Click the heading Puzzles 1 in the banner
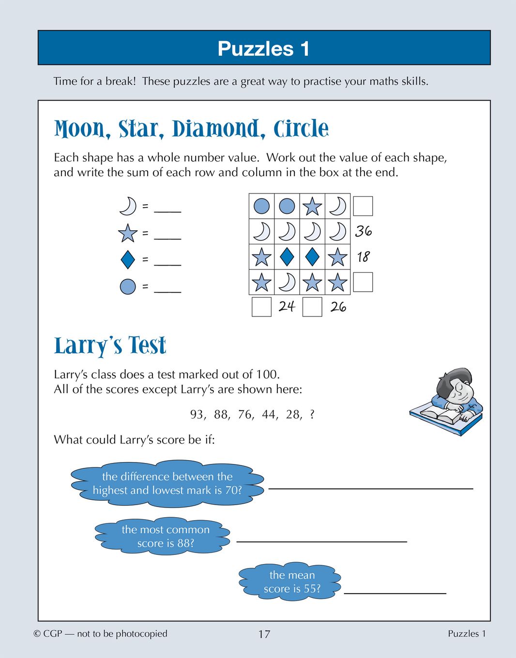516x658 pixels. tap(263, 48)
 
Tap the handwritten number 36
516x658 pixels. tap(364, 231)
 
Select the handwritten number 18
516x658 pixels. tap(364, 256)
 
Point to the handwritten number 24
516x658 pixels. tap(287, 306)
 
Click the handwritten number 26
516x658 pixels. tap(338, 307)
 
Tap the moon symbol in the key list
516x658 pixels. tap(128, 206)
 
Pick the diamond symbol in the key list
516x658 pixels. tap(128, 259)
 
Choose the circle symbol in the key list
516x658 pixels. tap(128, 286)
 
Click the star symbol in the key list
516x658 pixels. tap(128, 233)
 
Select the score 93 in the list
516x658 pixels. tap(197, 415)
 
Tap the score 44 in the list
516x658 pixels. tap(269, 415)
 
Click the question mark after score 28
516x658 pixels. tap(312, 415)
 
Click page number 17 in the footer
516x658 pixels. tap(264, 634)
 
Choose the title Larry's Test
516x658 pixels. tap(110, 346)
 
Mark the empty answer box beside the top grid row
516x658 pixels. tap(363, 206)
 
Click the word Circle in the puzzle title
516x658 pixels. tap(301, 129)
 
